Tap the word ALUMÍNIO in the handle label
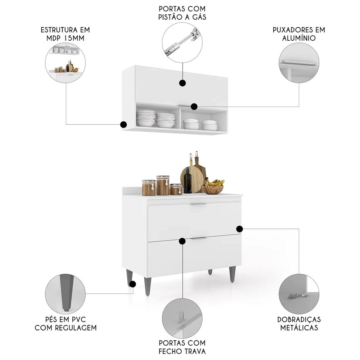[299, 38]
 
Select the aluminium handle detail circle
[299, 63]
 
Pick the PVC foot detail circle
[66, 293]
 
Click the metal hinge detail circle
[299, 294]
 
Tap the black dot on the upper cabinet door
[183, 83]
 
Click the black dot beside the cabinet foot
[133, 284]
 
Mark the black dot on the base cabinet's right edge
[239, 229]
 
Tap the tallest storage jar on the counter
[163, 185]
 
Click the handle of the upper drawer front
[198, 204]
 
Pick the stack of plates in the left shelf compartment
[146, 119]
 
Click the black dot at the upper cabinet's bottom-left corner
[123, 125]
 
